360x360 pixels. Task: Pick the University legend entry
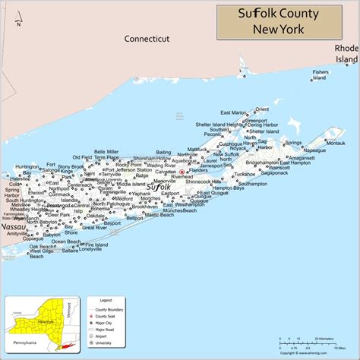coord(108,343)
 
